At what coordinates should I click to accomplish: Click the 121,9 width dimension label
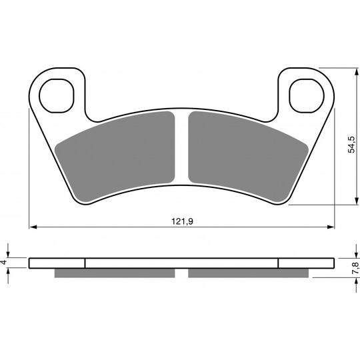[x=182, y=221]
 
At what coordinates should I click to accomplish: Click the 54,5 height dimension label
[x=351, y=145]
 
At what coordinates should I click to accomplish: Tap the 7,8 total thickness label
[x=355, y=268]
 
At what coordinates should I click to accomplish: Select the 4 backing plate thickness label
[x=3, y=262]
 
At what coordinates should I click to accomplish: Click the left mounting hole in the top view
[x=57, y=96]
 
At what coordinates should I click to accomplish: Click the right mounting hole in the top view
[x=307, y=96]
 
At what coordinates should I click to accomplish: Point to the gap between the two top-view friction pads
[x=181, y=147]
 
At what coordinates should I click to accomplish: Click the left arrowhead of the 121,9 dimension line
[x=33, y=227]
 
